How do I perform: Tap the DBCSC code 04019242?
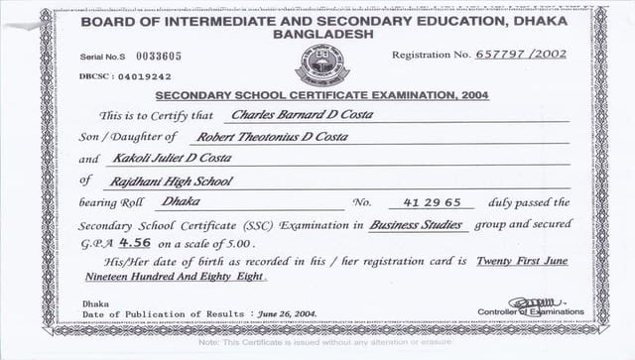pos(144,76)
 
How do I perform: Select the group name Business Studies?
pos(417,225)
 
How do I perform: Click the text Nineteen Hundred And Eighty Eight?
pos(174,278)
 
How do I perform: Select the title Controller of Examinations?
pos(530,312)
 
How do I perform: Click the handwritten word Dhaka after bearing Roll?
pos(179,201)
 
